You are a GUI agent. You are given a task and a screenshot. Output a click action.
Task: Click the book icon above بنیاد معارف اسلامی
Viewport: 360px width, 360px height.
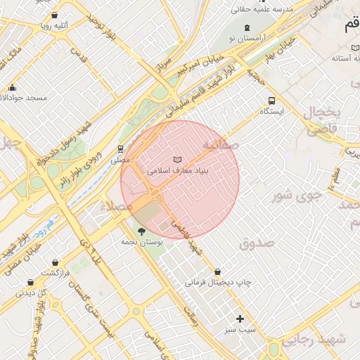(176, 160)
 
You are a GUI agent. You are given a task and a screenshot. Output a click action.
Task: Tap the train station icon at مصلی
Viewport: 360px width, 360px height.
(121, 150)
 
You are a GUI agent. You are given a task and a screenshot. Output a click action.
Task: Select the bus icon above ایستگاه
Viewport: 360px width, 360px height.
(272, 100)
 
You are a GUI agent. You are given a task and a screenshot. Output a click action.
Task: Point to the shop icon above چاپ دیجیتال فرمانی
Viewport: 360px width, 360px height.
(217, 271)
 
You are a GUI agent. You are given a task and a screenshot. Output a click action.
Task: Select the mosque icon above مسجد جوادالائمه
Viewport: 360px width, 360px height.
(12, 87)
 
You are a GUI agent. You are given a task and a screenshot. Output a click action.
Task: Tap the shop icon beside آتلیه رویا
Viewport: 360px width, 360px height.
(55, 14)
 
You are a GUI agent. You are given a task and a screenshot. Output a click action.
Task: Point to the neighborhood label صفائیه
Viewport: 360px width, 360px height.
(221, 144)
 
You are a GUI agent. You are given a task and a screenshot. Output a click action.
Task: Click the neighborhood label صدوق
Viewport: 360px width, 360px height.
(255, 243)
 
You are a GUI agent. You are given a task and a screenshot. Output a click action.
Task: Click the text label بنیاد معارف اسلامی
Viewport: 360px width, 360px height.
(176, 171)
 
